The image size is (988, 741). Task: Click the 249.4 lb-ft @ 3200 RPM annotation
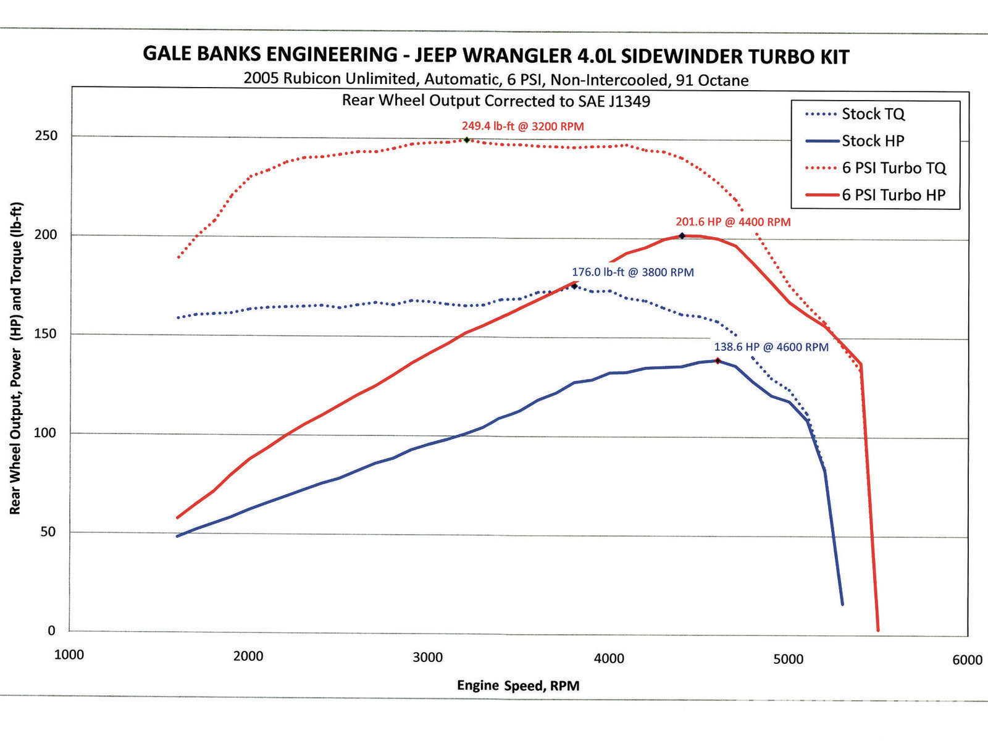[x=522, y=127]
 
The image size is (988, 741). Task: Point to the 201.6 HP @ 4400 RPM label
[x=733, y=222]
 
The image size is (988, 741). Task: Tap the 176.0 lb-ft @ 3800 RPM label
[x=632, y=272]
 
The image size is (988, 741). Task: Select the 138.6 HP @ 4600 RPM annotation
[x=771, y=347]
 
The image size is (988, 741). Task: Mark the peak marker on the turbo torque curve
[x=467, y=140]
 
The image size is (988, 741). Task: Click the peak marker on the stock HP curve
[x=718, y=361]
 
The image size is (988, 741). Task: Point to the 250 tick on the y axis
[x=46, y=136]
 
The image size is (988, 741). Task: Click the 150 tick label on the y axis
[x=46, y=334]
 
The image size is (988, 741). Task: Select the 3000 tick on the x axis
[x=428, y=657]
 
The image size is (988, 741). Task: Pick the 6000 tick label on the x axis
[x=967, y=660]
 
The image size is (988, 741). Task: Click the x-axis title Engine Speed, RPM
[x=518, y=685]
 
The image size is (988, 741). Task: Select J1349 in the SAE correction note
[x=629, y=101]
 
